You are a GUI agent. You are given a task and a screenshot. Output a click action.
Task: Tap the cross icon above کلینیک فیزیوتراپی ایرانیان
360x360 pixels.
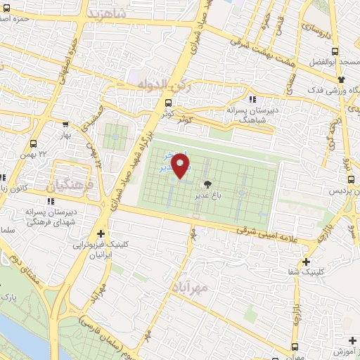[x=103, y=234]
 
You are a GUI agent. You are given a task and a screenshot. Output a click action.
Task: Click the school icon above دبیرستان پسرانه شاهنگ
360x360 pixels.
[x=252, y=99]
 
